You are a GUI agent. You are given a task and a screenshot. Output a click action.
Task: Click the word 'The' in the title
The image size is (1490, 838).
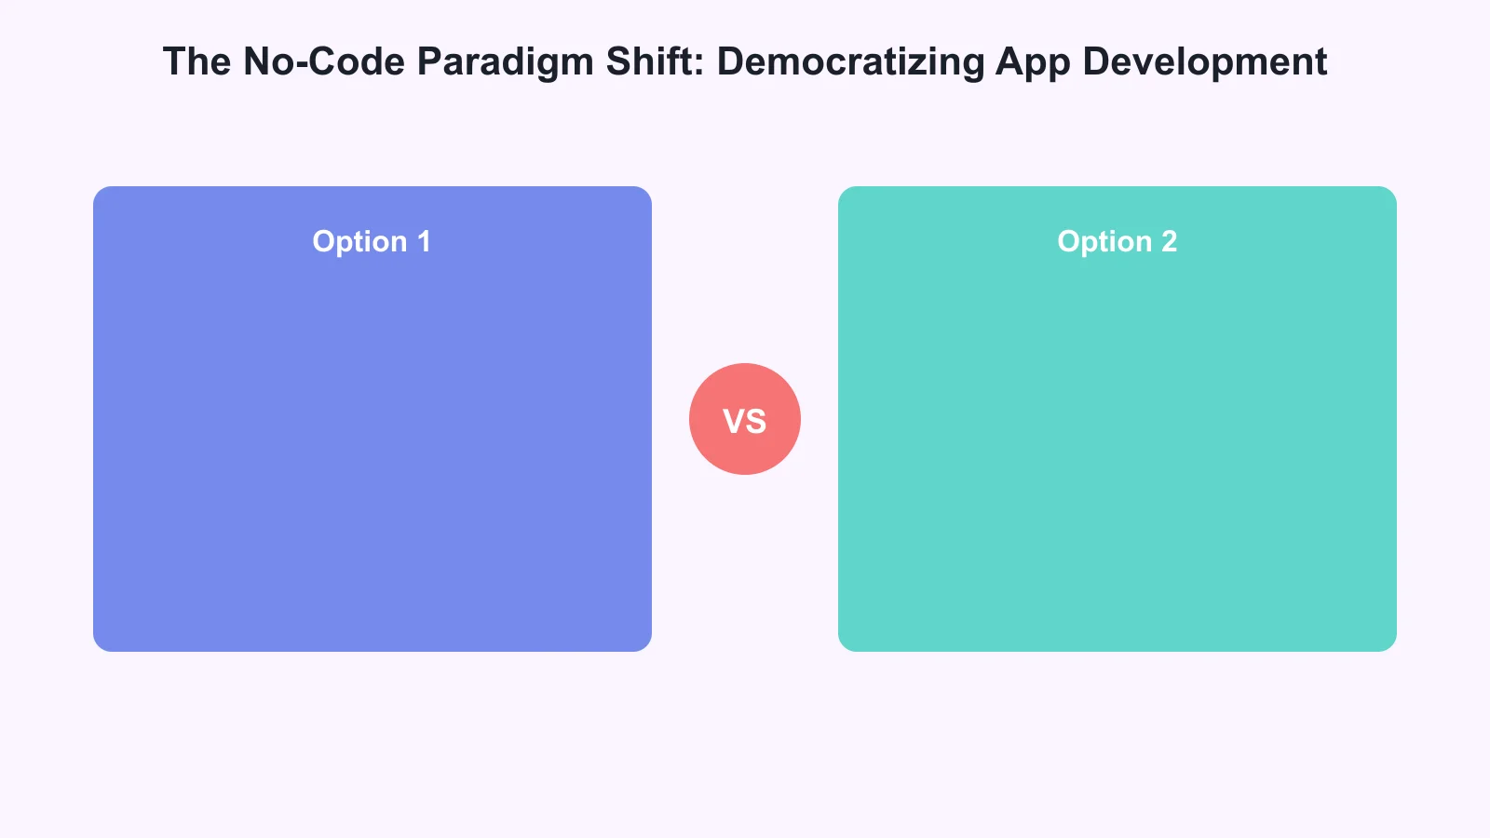tap(196, 61)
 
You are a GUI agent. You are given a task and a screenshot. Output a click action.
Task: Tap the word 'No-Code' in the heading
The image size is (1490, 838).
tap(324, 61)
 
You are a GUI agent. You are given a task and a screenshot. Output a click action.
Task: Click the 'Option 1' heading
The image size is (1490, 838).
tap(372, 242)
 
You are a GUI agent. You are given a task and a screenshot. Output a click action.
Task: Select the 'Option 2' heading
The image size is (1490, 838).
tap(1117, 242)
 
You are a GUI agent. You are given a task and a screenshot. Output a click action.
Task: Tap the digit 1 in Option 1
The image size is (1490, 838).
tap(425, 241)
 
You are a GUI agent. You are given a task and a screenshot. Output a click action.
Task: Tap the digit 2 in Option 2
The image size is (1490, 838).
tap(1169, 241)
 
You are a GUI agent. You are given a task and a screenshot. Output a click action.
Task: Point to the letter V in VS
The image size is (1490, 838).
tap(734, 422)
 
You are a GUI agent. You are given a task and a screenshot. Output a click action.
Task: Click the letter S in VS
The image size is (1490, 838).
tap(756, 422)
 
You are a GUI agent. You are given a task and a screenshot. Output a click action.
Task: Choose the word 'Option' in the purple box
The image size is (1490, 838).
tap(359, 242)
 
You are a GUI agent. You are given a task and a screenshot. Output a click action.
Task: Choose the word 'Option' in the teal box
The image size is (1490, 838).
tap(1104, 242)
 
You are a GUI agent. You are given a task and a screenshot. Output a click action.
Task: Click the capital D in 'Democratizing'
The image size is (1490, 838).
tap(729, 61)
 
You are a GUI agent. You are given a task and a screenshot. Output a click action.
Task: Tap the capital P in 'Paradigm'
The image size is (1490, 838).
tap(427, 61)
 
